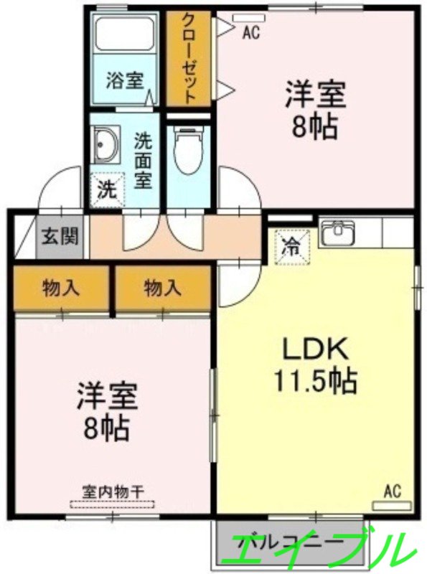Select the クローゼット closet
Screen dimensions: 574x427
189,57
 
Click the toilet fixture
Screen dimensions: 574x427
188,151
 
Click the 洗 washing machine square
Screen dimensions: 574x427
105,191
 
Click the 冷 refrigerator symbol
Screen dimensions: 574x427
292,245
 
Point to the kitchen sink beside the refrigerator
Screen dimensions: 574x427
337,233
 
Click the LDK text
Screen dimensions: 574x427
315,351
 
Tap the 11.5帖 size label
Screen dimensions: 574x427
315,381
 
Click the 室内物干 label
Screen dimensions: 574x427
113,492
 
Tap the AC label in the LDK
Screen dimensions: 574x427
391,491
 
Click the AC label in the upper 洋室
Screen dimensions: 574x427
250,32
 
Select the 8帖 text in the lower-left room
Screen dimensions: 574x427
109,429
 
